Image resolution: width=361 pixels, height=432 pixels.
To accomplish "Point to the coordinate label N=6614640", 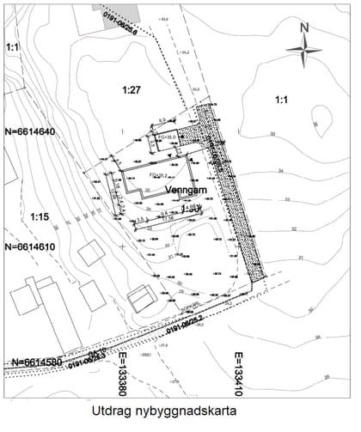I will pos(30,132).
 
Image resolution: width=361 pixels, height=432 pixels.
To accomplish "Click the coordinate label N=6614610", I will pos(30,246).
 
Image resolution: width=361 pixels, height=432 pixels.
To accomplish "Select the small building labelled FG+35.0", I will pos(167,137).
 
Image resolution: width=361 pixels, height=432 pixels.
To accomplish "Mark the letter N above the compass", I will pos(303,27).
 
